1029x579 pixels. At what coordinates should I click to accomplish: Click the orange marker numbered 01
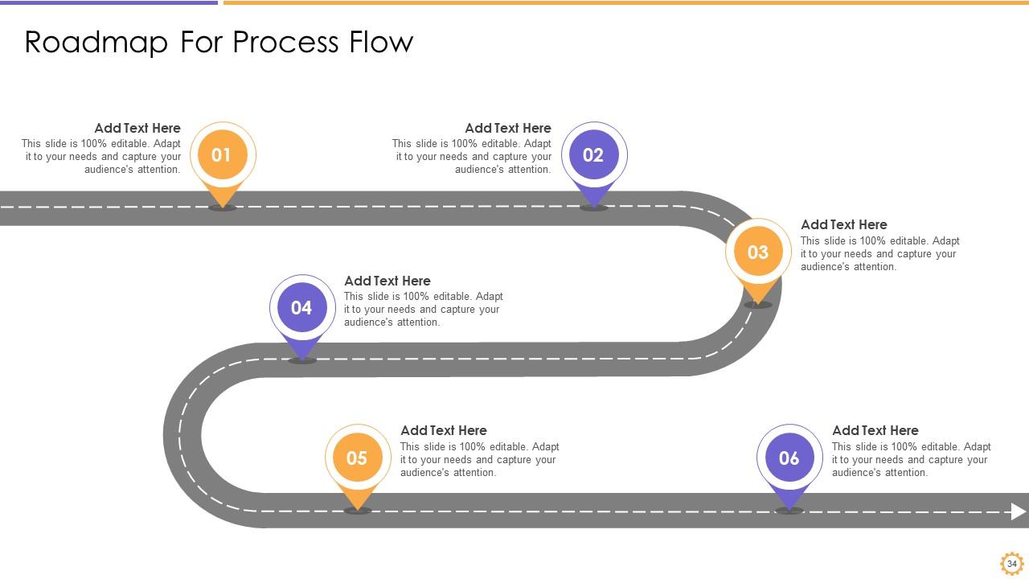click(x=222, y=155)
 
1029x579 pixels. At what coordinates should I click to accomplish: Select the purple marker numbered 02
click(x=593, y=155)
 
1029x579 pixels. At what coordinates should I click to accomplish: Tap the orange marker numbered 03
click(x=758, y=253)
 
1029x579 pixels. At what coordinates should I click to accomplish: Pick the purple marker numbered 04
click(x=301, y=308)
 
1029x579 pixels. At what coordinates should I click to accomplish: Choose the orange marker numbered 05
click(x=357, y=458)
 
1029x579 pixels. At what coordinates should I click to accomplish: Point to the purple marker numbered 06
click(x=789, y=458)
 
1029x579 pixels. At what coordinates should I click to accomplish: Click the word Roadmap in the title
click(x=96, y=42)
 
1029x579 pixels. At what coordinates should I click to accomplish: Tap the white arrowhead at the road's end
click(x=1019, y=511)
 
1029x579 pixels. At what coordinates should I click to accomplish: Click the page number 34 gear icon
click(x=1011, y=563)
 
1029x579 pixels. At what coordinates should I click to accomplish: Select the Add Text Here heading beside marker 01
click(x=137, y=128)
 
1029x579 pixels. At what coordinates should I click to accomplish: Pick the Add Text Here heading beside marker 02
click(x=508, y=128)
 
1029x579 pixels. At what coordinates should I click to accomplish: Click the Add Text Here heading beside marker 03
click(x=844, y=224)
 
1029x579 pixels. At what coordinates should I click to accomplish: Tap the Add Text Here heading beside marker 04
click(x=387, y=281)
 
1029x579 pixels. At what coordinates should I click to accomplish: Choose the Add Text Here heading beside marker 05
click(x=444, y=430)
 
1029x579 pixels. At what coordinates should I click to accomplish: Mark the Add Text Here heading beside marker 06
click(x=875, y=430)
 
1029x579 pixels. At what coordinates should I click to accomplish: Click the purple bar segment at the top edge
click(x=109, y=2)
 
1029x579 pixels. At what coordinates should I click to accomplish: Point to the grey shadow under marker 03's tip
click(x=758, y=305)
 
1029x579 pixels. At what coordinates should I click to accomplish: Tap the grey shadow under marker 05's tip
click(x=357, y=510)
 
